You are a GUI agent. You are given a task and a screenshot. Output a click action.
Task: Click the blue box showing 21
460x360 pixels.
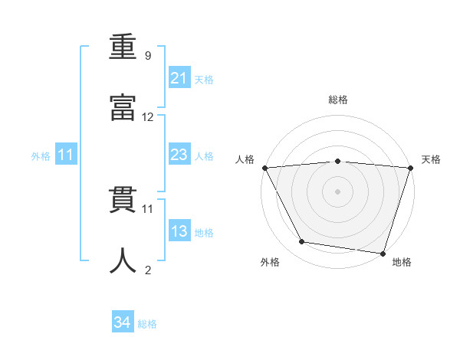coord(179,78)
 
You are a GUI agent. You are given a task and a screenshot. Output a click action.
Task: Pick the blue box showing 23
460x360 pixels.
coord(179,155)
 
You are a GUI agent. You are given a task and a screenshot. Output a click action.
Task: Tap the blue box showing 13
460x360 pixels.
coord(179,231)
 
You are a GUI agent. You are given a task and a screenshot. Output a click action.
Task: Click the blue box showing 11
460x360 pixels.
coord(65,155)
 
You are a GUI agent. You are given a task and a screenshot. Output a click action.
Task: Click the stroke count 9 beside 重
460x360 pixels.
coord(148,56)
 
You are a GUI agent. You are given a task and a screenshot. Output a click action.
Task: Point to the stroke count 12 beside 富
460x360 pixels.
coord(148,117)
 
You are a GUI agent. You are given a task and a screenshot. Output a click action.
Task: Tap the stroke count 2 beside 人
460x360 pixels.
coord(148,270)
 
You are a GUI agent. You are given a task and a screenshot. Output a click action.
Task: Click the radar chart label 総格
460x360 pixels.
coord(338,100)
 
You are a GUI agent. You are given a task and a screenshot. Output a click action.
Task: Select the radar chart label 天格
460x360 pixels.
coord(431,159)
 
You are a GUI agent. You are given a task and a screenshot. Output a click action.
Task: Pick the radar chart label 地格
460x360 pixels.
coord(402,263)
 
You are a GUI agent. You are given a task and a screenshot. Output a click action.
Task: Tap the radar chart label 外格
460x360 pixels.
coord(270,263)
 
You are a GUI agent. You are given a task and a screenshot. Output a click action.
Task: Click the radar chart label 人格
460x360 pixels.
coord(245,159)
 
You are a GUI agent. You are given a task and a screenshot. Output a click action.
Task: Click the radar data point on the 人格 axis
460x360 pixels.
coord(264,167)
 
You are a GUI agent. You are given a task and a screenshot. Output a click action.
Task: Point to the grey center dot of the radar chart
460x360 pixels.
coord(337,191)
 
